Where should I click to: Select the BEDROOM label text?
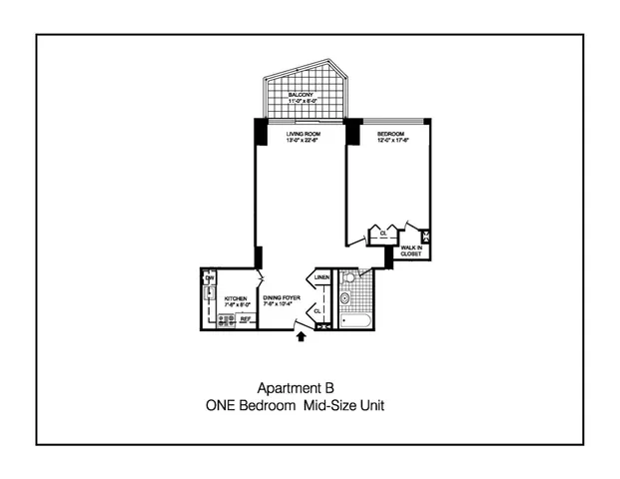[x=388, y=134]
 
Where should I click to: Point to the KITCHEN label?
[x=236, y=297]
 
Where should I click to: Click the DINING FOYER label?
[x=281, y=297]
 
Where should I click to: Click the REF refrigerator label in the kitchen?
[x=244, y=319]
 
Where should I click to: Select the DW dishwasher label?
[x=210, y=277]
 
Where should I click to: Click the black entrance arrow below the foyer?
[x=301, y=337]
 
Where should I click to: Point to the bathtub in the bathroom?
[x=355, y=320]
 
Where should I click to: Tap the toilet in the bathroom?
[x=345, y=297]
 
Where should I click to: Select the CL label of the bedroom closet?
[x=382, y=235]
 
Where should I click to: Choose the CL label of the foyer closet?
[x=317, y=310]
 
